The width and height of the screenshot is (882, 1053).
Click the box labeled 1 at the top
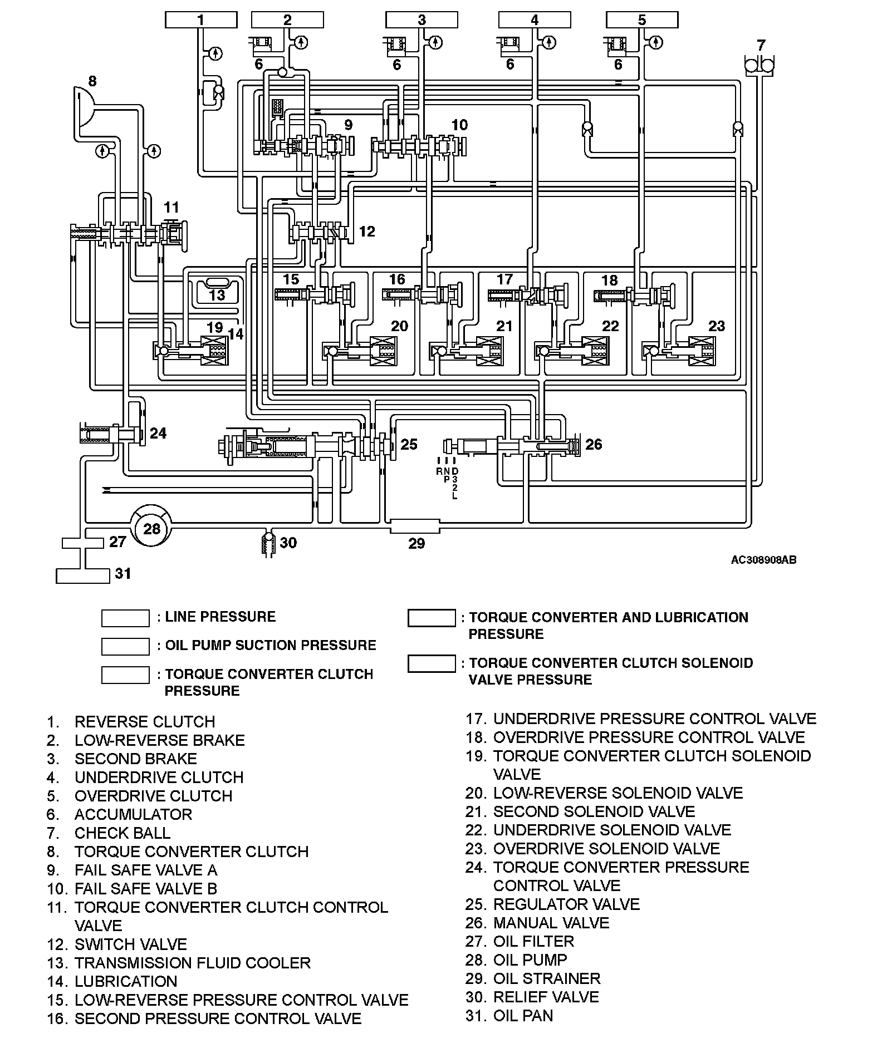tap(200, 20)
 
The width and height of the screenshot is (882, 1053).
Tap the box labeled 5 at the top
tap(641, 20)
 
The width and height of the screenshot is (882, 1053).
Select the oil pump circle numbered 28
tap(151, 528)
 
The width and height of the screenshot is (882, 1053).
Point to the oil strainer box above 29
tap(415, 526)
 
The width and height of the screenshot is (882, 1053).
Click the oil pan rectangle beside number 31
tap(83, 575)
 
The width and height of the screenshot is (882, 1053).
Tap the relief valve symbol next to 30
tap(269, 543)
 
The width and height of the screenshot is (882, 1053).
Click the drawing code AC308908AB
tap(763, 560)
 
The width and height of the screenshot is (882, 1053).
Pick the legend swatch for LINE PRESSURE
tap(125, 618)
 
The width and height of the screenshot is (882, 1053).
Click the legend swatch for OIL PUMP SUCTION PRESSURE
tap(125, 646)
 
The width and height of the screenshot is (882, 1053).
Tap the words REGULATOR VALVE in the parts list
tap(566, 904)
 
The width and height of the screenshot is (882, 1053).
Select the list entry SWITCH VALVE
tap(130, 944)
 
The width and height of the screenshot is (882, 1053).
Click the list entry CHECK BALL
tap(122, 833)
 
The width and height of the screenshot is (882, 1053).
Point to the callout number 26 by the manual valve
tap(594, 444)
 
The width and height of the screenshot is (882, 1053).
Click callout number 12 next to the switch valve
tap(367, 231)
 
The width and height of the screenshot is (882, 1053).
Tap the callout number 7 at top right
tap(761, 45)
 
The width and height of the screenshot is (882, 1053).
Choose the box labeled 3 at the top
tap(422, 20)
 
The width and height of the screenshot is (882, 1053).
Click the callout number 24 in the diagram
tap(158, 433)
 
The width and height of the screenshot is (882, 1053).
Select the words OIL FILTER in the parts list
tap(533, 941)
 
